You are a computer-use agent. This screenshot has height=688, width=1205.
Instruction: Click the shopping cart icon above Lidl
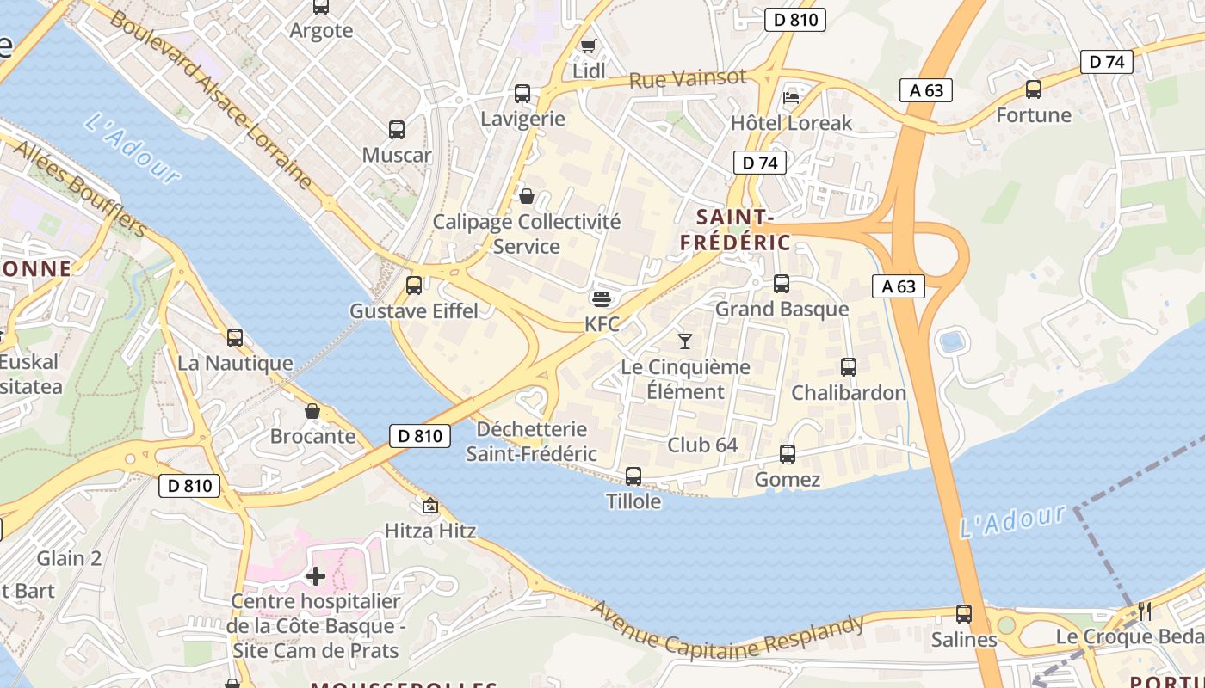[588, 46]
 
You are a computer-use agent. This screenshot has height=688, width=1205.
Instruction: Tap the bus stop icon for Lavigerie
[522, 94]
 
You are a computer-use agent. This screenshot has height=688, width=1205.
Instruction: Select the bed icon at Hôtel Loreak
[791, 97]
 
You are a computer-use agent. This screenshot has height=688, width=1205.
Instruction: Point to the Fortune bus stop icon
[1033, 89]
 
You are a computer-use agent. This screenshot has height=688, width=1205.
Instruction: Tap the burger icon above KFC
[602, 299]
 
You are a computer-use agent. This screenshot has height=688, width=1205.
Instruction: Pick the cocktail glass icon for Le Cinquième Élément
[685, 341]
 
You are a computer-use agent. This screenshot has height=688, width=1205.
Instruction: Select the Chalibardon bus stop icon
[848, 367]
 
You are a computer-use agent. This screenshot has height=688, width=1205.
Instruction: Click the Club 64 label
[702, 445]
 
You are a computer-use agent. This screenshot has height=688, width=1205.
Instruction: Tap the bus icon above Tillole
[633, 476]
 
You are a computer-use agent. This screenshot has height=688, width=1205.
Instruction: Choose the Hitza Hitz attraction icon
[429, 505]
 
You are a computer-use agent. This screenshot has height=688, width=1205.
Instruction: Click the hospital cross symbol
[316, 575]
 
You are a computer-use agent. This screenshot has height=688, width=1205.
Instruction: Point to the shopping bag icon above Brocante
[312, 411]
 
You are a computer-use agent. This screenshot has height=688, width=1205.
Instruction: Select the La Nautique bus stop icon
[235, 338]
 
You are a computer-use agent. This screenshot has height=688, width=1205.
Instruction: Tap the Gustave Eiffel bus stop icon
[414, 286]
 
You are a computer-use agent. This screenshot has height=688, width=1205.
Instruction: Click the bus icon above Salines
[964, 614]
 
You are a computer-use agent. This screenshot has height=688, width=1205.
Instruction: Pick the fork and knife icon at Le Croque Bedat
[1144, 611]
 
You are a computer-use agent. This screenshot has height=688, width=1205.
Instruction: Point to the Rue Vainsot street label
[688, 79]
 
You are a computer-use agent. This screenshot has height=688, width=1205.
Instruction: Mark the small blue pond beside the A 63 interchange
[952, 341]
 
